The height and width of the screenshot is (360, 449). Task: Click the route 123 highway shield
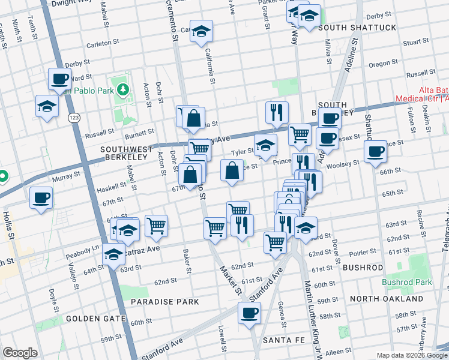(74, 117)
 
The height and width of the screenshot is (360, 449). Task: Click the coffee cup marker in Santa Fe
(249, 312)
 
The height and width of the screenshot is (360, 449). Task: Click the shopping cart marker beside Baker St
(156, 226)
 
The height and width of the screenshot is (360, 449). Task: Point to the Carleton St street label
(99, 44)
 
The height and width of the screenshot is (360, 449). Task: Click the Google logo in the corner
(20, 353)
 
